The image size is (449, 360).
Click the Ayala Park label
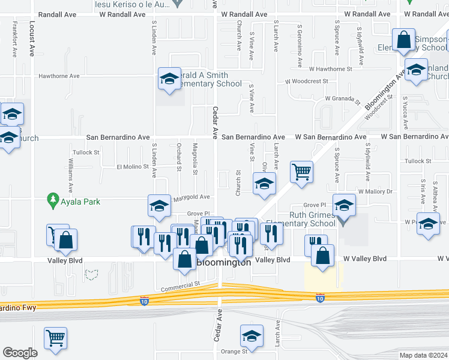click(x=80, y=202)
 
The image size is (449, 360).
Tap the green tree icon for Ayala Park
click(x=53, y=200)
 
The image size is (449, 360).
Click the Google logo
click(x=19, y=353)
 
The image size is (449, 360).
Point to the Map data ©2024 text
click(x=424, y=355)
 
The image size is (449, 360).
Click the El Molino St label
click(x=132, y=166)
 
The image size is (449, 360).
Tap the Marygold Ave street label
click(x=191, y=197)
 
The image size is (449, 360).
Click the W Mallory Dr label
click(x=375, y=191)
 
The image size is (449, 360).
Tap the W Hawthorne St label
click(x=327, y=69)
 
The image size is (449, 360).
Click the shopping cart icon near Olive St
click(x=301, y=172)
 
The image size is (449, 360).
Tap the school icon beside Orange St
click(x=252, y=336)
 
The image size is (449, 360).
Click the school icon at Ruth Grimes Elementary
click(x=344, y=206)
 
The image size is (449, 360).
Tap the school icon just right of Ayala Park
click(x=159, y=206)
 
